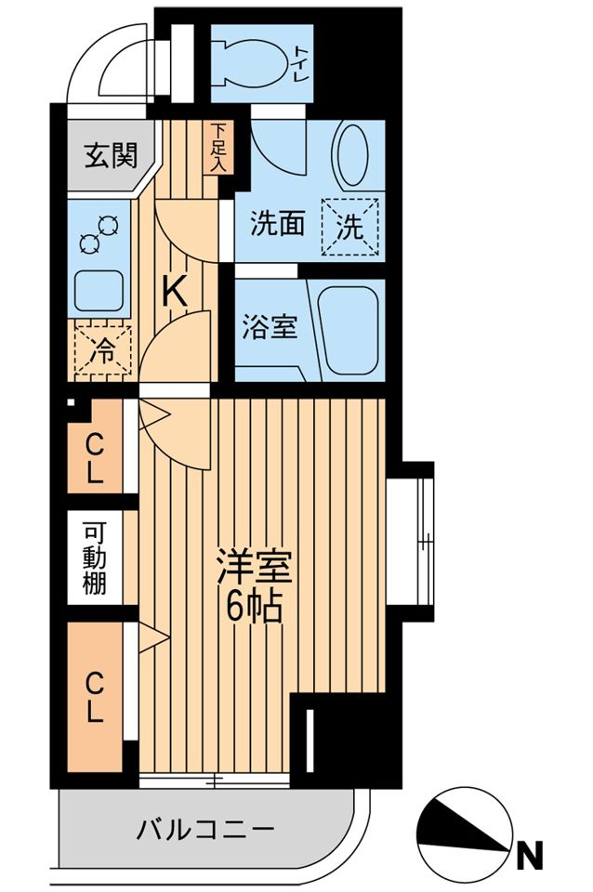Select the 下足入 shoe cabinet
pos(218,147)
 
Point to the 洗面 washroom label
pos(278,224)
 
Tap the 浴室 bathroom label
pos(270,327)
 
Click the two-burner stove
pos(100,232)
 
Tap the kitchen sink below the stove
pos(100,292)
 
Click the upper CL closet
pos(96,459)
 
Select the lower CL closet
pos(96,698)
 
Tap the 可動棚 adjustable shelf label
pos(96,559)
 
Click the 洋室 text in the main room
pos(254,567)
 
